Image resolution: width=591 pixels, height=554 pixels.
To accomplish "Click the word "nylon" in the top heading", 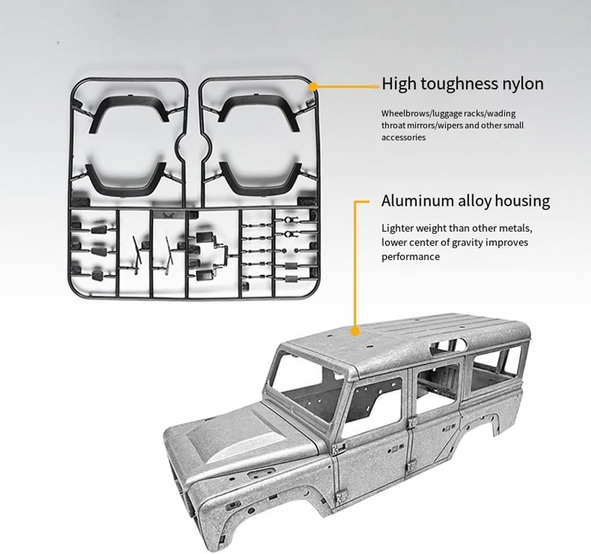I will pos(521,84).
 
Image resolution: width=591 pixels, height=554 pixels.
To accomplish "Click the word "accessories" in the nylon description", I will pos(403,137).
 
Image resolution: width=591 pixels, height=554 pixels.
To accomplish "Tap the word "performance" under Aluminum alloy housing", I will pos(410,256).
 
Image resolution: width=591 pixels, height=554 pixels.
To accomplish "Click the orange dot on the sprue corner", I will pos(313,87).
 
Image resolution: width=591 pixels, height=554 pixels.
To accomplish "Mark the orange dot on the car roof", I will pos(355,331).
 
